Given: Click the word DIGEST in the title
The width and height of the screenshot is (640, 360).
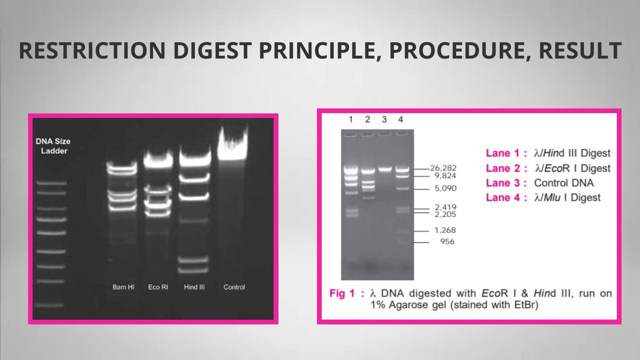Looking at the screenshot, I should click(212, 51).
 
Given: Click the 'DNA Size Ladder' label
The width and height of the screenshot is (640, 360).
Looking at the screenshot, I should click(53, 146).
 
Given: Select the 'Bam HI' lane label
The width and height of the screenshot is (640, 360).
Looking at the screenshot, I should click(123, 287).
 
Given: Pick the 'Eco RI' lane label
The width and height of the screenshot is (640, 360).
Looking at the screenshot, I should click(158, 287).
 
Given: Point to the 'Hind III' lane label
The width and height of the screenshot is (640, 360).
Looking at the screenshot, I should click(194, 287).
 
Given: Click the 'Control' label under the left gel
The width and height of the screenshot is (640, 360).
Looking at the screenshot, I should click(234, 287).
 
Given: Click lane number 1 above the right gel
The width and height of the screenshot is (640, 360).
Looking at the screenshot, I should click(351, 119).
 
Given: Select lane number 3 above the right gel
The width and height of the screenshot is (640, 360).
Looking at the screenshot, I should click(384, 119).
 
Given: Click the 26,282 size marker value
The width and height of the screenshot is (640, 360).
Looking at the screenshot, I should click(443, 168).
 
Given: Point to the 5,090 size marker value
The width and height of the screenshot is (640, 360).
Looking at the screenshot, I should click(446, 188).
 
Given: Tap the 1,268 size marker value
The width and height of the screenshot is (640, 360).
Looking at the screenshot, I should click(445, 230).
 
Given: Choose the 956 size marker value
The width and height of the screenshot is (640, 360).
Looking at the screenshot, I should click(447, 241).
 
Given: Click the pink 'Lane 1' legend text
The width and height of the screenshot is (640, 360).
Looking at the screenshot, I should click(502, 153).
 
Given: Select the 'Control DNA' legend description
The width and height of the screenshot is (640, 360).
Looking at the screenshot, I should click(564, 183).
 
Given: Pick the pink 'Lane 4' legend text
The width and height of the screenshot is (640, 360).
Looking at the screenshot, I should click(502, 197).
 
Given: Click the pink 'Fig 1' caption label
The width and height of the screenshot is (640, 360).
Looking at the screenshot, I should click(342, 293).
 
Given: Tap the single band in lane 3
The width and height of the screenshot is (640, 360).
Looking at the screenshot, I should click(385, 169).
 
